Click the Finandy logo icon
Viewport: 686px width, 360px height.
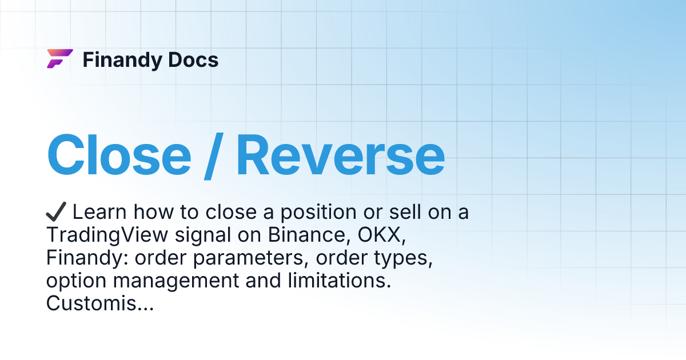point(59,59)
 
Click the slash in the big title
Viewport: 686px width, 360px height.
point(214,155)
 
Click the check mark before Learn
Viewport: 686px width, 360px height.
point(57,212)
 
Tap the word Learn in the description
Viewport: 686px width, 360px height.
point(98,212)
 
